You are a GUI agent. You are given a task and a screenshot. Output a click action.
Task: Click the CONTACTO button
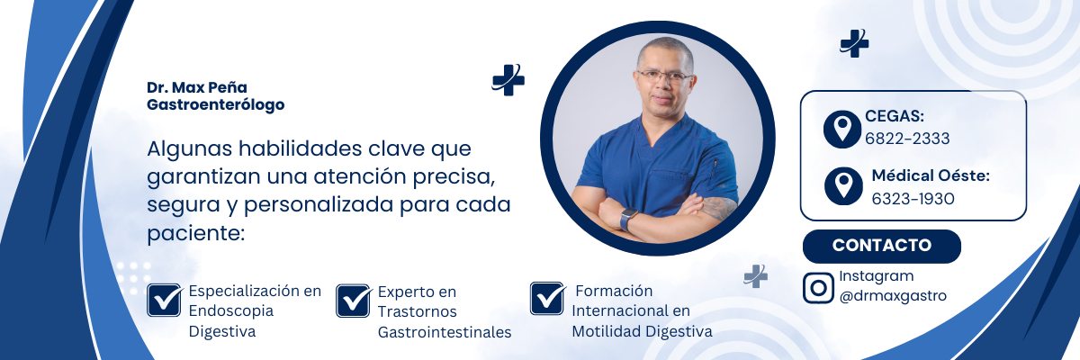click(x=881, y=246)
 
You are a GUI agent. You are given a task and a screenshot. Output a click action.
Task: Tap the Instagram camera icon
click(x=818, y=288)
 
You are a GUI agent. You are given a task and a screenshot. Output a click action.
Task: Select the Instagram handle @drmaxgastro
click(x=893, y=296)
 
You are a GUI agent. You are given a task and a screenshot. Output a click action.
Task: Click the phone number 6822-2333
click(x=907, y=139)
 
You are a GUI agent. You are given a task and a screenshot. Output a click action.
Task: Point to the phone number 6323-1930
click(x=913, y=199)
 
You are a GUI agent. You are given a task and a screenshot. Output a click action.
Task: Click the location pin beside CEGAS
click(x=841, y=130)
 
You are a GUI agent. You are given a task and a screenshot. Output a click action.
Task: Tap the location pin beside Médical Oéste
click(x=843, y=185)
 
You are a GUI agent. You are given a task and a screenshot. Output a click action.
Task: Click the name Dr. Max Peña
click(x=197, y=87)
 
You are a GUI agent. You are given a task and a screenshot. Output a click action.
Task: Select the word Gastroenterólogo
click(x=215, y=104)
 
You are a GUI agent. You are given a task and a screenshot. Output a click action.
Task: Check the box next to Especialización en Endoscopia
click(x=165, y=300)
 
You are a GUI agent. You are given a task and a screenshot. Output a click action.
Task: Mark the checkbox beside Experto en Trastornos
click(x=354, y=301)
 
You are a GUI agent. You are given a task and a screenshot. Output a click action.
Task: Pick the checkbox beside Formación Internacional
click(x=547, y=298)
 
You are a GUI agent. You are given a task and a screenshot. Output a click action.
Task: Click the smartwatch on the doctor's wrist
click(x=628, y=218)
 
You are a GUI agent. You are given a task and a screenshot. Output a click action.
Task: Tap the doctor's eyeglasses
click(x=665, y=76)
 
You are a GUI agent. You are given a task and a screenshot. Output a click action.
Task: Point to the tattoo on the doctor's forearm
click(x=718, y=208)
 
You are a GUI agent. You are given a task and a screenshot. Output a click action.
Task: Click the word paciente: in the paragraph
click(x=196, y=234)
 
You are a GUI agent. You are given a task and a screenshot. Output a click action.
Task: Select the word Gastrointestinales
click(x=444, y=332)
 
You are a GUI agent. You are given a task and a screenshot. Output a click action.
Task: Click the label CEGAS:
click(x=895, y=116)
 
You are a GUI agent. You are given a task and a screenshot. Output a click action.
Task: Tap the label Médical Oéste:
click(x=931, y=175)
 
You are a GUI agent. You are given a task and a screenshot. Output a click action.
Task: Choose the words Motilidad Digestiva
click(x=642, y=331)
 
